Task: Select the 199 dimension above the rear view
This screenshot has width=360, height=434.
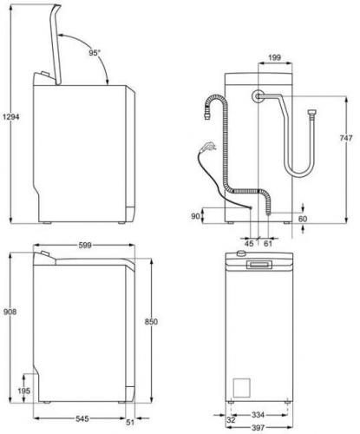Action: [x=273, y=59]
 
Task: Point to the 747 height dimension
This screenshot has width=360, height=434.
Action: [x=345, y=138]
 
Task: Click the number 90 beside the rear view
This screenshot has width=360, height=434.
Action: [x=195, y=215]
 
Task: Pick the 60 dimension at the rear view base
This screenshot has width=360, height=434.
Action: [x=303, y=219]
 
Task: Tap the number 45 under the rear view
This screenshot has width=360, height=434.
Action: [x=249, y=244]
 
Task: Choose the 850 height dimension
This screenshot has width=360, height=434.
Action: [x=151, y=321]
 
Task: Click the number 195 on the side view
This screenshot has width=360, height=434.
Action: [x=23, y=391]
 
